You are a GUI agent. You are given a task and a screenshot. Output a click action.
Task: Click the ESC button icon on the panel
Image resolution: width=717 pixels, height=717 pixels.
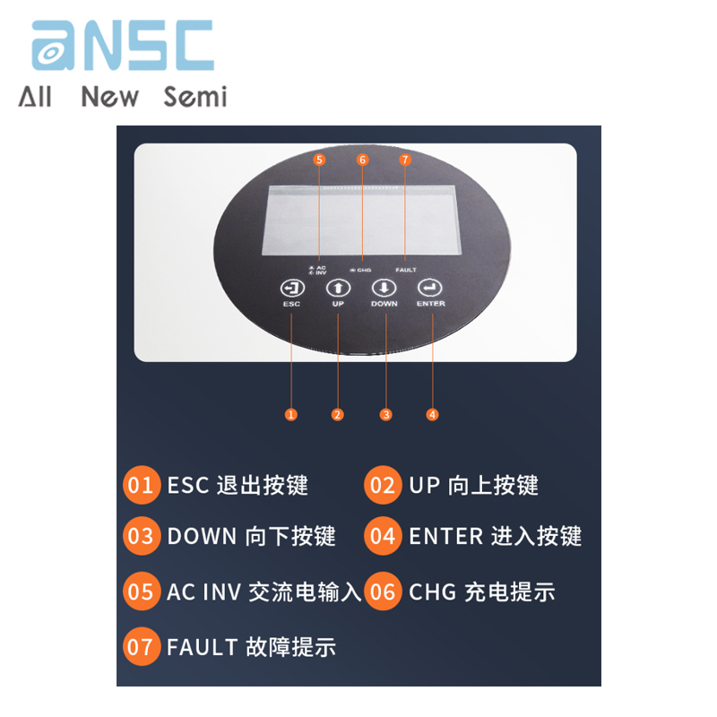tap(292, 288)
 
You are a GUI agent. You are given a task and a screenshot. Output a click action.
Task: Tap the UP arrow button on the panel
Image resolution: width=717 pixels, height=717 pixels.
tap(338, 288)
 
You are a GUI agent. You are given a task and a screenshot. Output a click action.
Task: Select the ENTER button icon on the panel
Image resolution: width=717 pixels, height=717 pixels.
tap(430, 288)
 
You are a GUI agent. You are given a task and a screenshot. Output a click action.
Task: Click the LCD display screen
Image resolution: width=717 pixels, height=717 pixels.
tap(360, 220)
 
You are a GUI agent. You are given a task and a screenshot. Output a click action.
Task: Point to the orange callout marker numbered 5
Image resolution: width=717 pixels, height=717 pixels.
tap(320, 160)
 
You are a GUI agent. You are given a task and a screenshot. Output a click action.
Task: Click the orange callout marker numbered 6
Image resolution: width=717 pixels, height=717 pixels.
tap(362, 160)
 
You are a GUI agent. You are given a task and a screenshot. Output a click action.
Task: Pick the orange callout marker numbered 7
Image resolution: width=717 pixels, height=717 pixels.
tap(404, 160)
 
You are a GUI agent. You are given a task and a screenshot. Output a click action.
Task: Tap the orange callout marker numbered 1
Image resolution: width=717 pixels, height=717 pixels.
tap(290, 414)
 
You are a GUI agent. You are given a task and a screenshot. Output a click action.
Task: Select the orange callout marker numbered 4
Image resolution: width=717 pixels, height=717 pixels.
tap(433, 414)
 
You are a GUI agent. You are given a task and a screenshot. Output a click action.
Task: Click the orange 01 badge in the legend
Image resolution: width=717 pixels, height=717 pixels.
tap(141, 485)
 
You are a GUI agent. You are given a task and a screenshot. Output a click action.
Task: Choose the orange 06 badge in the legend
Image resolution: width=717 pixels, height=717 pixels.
tap(383, 591)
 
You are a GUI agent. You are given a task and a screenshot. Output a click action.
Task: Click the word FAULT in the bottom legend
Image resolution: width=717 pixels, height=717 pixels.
tap(202, 646)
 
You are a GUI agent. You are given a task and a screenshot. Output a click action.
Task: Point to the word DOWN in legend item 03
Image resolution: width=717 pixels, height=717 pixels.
tap(202, 536)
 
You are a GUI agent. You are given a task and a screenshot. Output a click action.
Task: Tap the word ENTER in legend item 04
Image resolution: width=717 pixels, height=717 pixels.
tap(445, 536)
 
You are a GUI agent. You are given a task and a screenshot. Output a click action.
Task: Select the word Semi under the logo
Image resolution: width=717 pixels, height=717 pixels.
tap(195, 96)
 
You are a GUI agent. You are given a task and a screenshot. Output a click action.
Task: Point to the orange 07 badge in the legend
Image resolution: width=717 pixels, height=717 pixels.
tap(141, 646)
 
